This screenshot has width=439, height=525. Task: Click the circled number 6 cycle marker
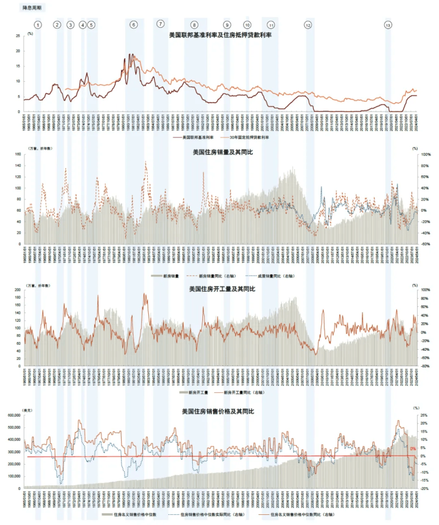133,25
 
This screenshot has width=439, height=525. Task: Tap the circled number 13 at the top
388,25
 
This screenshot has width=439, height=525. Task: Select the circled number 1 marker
38,25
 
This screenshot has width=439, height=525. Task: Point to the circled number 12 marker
308,25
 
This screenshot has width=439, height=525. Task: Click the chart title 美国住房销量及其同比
221,152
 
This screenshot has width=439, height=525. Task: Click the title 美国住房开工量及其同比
221,289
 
